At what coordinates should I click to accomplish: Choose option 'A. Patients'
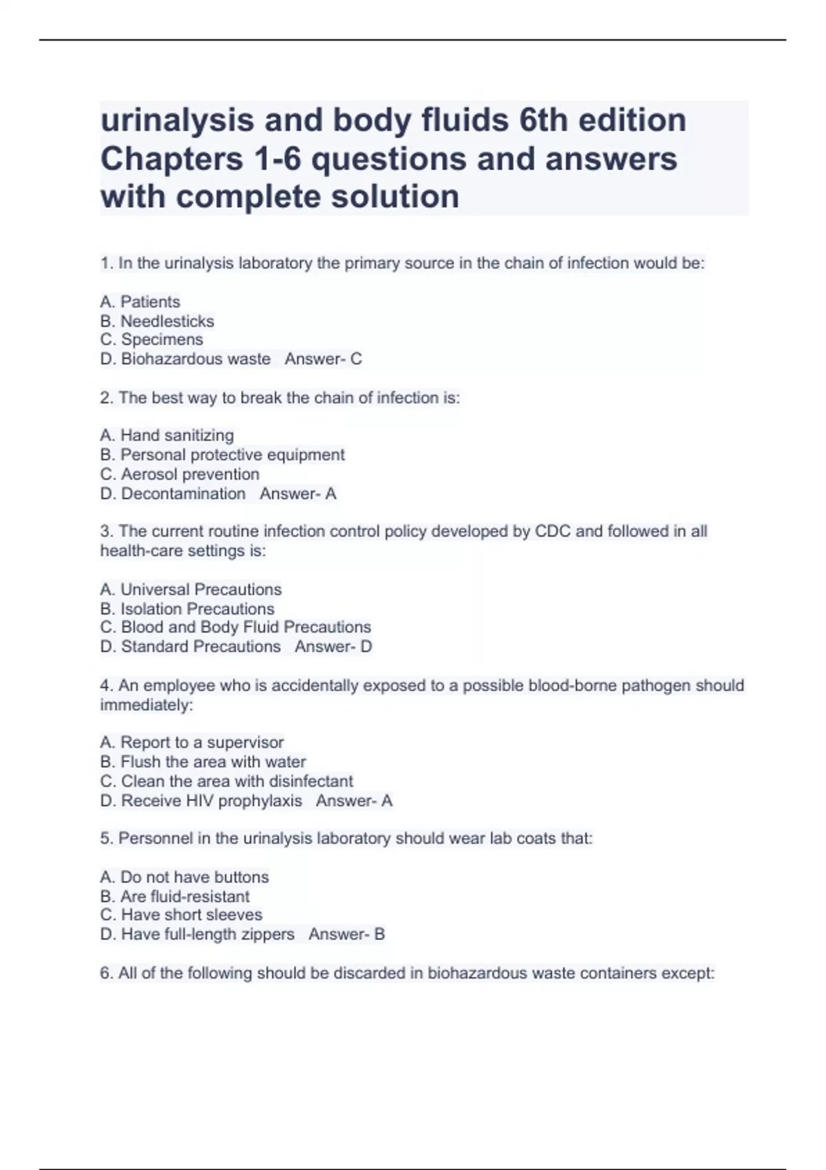140,301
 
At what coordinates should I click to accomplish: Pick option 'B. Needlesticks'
157,321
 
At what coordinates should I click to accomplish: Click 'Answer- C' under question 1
323,359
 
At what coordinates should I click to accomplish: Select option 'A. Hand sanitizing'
167,435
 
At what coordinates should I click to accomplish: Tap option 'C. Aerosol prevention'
180,474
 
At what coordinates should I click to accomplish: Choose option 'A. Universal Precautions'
191,589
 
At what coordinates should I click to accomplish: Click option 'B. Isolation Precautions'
187,608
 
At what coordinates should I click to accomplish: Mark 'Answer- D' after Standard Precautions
333,646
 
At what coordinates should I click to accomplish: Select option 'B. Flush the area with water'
203,761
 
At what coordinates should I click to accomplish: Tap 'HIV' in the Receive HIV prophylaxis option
200,800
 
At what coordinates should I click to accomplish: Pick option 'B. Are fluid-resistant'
175,896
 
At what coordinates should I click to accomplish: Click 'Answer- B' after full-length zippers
346,934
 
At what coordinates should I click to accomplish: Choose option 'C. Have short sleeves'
181,915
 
